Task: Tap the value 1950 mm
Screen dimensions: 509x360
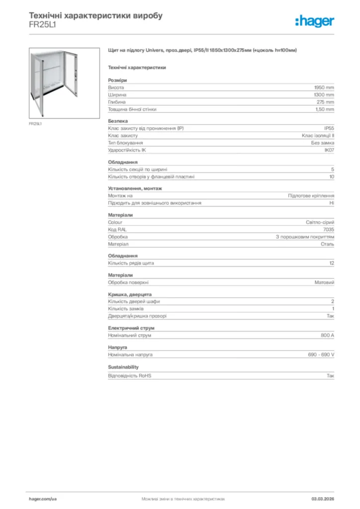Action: (324, 87)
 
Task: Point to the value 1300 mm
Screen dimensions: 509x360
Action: (324, 94)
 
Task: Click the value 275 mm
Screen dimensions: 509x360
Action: (326, 102)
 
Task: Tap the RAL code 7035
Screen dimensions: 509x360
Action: (329, 230)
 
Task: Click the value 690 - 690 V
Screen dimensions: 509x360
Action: (321, 355)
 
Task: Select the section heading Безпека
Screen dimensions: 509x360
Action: (118, 121)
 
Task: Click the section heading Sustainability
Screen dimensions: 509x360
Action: (123, 367)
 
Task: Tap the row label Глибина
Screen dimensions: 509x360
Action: (117, 102)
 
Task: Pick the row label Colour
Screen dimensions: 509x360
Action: (115, 222)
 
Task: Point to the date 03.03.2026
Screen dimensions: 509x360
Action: (322, 499)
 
